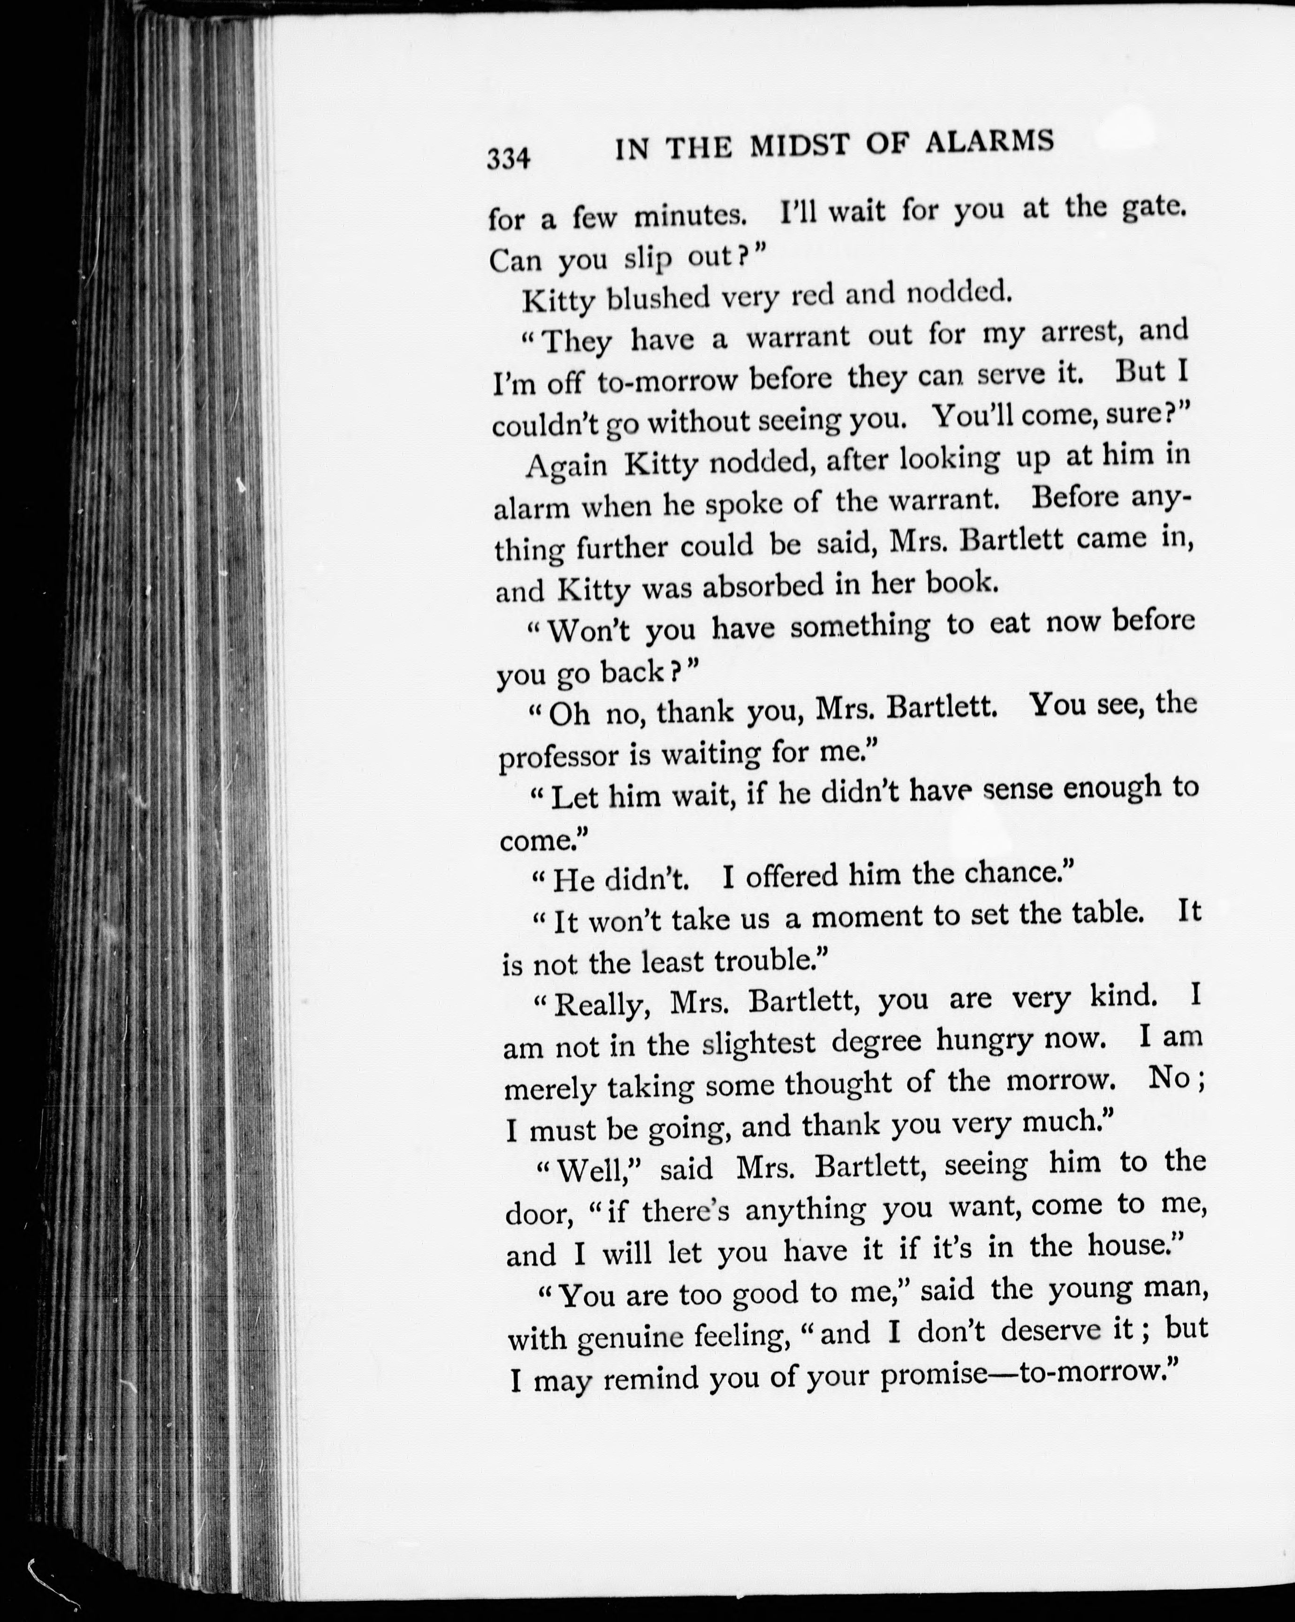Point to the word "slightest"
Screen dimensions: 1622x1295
pyautogui.click(x=758, y=1044)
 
